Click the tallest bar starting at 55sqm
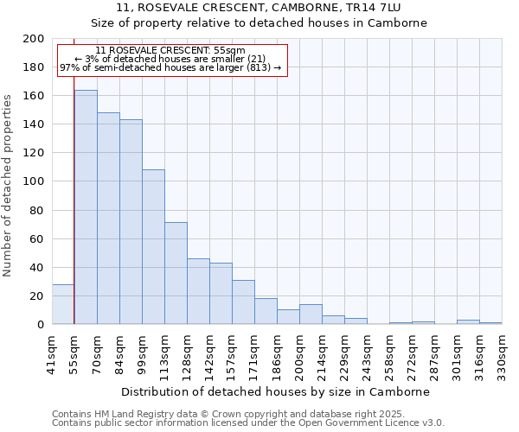pos(86,207)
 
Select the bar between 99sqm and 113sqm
pos(153,247)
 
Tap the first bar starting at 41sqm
pos(63,304)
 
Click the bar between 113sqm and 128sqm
pos(176,273)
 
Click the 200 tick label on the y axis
pos(34,39)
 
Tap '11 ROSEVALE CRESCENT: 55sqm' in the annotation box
pos(170,51)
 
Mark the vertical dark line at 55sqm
pos(74,216)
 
